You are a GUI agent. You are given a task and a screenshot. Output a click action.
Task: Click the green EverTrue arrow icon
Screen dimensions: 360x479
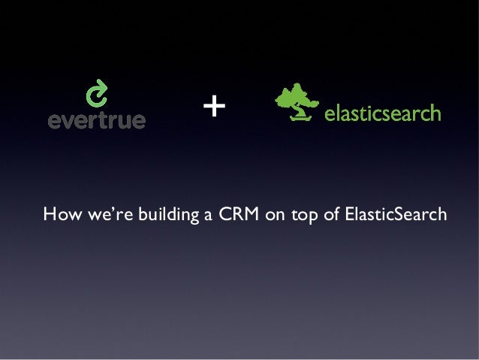[97, 95]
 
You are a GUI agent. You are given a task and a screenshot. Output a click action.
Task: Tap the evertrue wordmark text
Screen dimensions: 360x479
[97, 120]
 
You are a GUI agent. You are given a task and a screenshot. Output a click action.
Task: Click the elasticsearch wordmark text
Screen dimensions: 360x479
[382, 114]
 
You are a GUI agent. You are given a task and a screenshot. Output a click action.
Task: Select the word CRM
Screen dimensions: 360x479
[237, 216]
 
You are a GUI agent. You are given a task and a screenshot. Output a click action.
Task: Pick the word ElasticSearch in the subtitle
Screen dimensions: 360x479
[395, 216]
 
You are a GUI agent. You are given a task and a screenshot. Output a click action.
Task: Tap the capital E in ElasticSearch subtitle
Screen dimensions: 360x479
[349, 216]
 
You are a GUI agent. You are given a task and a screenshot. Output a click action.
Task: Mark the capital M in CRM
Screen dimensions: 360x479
[249, 216]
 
